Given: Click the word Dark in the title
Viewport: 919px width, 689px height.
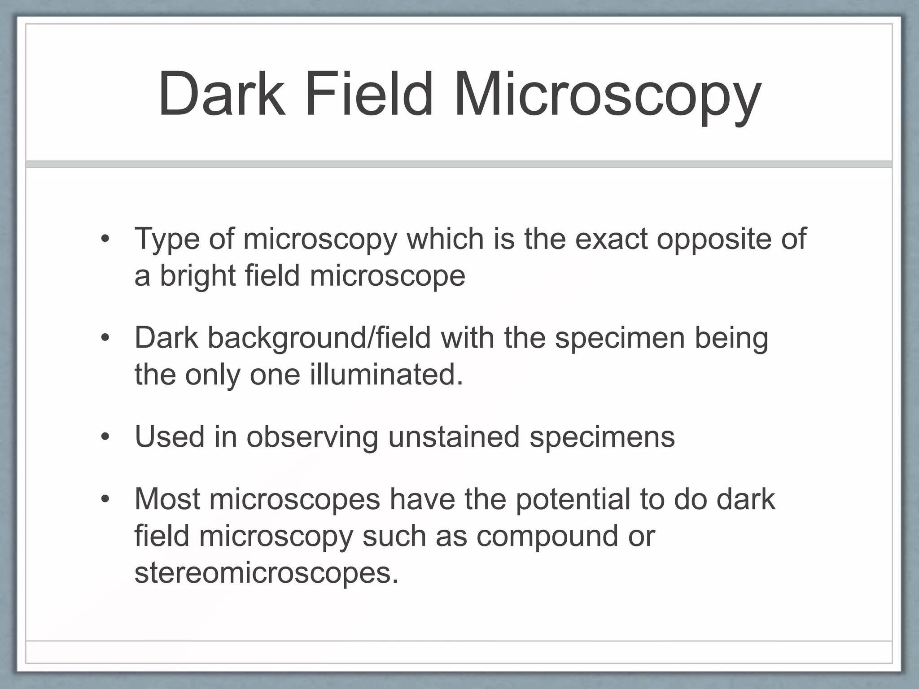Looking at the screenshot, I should (222, 95).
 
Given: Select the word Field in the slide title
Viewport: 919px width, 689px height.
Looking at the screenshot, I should (369, 95).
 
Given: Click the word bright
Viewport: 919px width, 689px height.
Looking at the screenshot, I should (198, 276).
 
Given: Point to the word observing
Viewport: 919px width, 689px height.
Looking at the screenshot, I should (312, 437).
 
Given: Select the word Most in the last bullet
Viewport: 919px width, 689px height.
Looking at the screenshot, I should (167, 499).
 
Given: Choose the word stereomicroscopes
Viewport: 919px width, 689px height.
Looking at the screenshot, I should (266, 573).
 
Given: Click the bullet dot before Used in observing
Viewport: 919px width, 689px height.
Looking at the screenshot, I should (105, 437).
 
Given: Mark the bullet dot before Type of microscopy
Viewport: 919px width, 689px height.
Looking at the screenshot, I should (105, 239).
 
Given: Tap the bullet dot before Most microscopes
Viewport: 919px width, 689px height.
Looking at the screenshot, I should (105, 500).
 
